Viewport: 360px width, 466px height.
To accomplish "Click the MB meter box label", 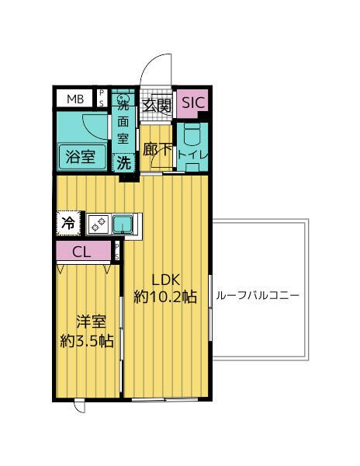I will coord(74,99).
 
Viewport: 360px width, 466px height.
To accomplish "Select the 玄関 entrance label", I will coord(157,106).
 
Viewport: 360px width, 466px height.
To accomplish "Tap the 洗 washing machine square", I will coord(123,162).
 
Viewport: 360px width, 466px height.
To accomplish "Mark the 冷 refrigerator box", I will coord(68,223).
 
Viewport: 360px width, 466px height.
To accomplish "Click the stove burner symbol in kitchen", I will coord(99,224).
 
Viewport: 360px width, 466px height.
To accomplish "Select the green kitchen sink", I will coord(123,224).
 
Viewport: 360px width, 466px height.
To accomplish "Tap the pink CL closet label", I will coord(81,252).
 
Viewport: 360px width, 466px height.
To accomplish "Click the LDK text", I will coord(164,280).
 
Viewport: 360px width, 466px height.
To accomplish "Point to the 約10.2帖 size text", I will coord(164,297).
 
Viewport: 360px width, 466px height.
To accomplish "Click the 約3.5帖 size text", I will coord(88,340).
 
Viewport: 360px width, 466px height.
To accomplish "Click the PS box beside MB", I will coord(102,98).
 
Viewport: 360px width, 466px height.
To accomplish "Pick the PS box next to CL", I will coord(116,251).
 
